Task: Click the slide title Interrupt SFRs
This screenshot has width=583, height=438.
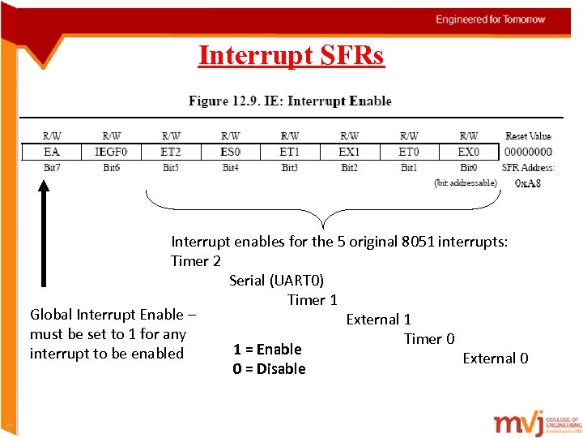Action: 291,56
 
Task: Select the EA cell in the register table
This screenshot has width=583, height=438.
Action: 51,152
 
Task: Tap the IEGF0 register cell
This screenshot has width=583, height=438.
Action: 111,152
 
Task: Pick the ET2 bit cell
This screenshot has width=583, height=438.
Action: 171,152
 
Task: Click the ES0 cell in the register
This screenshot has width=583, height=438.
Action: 231,152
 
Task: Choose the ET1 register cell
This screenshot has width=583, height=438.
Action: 290,152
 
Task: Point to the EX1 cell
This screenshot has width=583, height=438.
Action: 350,152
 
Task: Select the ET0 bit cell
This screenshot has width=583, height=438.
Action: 409,152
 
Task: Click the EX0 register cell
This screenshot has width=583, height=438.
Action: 468,152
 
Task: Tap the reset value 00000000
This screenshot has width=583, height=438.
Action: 528,152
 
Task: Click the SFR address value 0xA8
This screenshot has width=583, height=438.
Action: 528,183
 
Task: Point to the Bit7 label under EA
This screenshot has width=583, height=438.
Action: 51,168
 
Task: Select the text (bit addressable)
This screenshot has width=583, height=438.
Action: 466,183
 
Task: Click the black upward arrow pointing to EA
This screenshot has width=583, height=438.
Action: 44,235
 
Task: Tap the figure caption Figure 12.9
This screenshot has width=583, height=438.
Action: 290,101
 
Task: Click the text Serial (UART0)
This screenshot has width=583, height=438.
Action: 276,281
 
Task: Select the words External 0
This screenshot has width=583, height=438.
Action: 496,359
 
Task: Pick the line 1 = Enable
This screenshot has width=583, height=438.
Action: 267,350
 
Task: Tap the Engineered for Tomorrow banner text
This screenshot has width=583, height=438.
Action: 491,19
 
